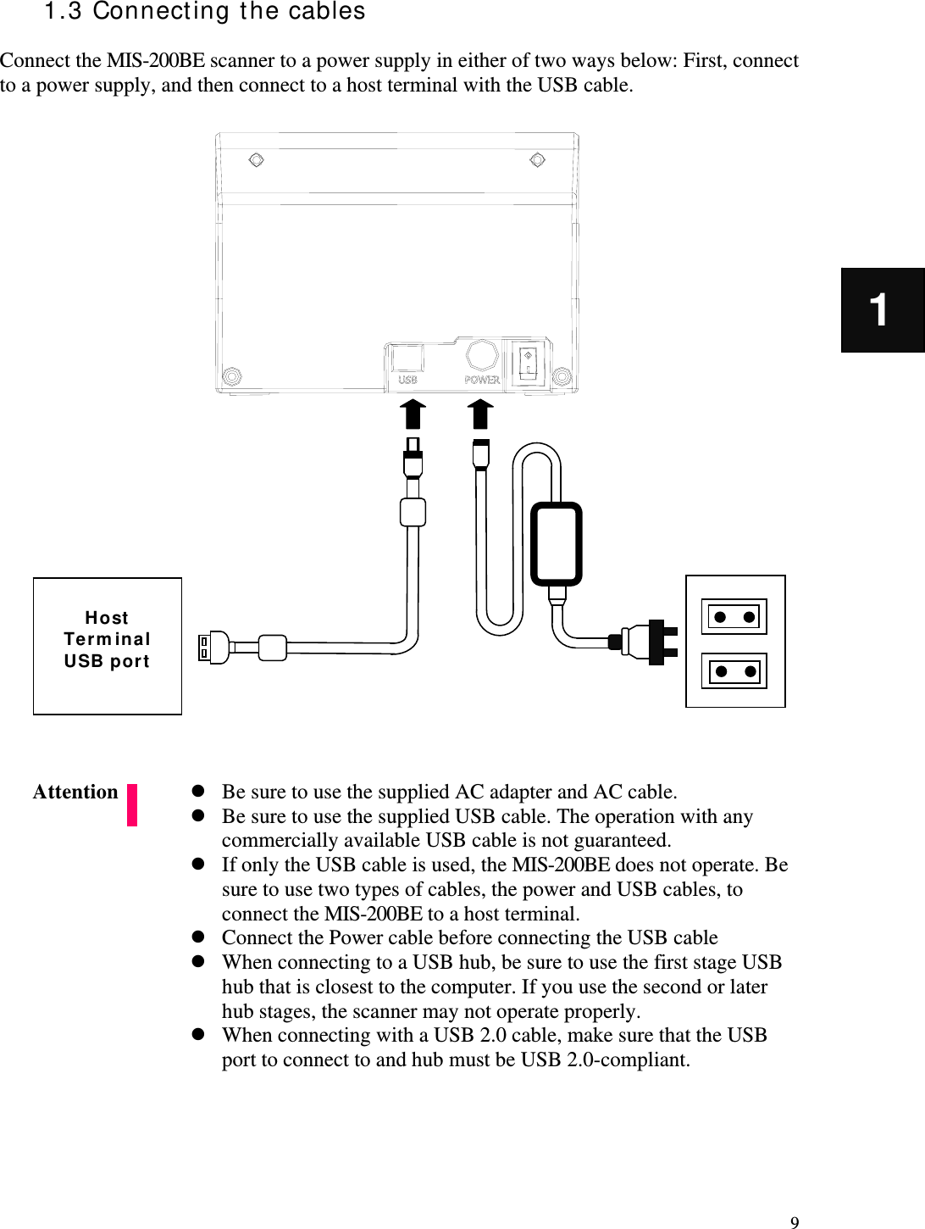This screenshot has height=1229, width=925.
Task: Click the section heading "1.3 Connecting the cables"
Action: tap(205, 12)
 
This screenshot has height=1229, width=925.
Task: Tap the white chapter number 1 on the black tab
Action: tap(880, 309)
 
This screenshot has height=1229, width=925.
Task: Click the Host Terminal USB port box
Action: tap(108, 646)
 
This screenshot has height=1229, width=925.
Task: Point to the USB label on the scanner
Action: tap(407, 381)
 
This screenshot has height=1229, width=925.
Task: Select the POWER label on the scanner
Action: tap(482, 381)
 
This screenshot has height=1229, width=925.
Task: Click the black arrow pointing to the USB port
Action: tap(413, 415)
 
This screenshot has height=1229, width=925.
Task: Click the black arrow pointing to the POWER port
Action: tap(481, 415)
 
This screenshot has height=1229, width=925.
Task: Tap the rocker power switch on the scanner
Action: tap(528, 363)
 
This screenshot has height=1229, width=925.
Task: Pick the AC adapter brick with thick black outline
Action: tap(557, 544)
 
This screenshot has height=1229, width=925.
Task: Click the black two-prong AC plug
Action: tap(657, 642)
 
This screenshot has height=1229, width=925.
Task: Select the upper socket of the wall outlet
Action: tap(734, 617)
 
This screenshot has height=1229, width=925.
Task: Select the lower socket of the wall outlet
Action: tap(734, 672)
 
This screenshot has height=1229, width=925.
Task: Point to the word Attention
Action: tap(75, 792)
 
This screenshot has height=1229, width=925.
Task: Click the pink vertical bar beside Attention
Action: tap(132, 805)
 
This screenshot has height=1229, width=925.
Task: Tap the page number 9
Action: tap(794, 1222)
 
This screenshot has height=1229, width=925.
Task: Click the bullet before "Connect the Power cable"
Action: tap(197, 937)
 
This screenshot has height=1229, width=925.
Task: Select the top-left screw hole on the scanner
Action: tap(256, 160)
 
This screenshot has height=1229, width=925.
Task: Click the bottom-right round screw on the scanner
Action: tap(561, 375)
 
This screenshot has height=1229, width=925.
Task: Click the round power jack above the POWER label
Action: tap(482, 356)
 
